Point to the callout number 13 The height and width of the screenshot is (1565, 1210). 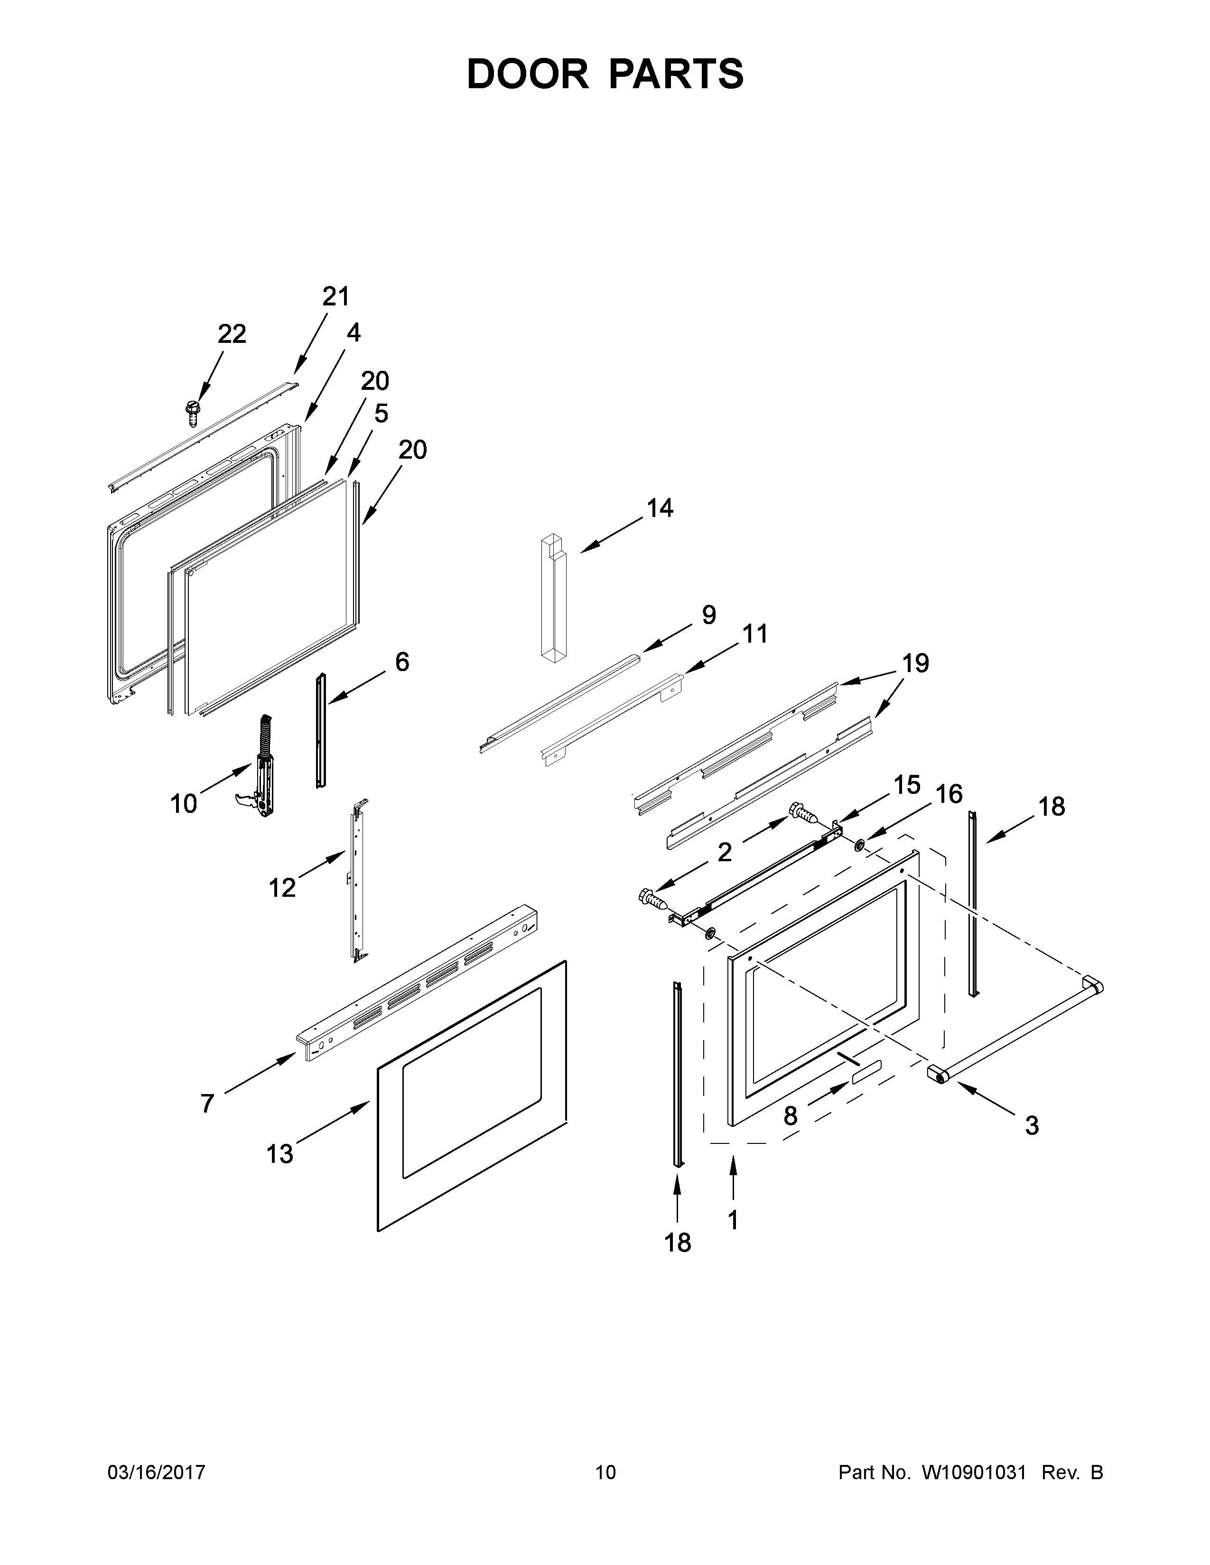pyautogui.click(x=279, y=1154)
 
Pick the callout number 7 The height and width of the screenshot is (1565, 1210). pyautogui.click(x=207, y=1104)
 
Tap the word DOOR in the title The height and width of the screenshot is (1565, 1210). pyautogui.click(x=527, y=74)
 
